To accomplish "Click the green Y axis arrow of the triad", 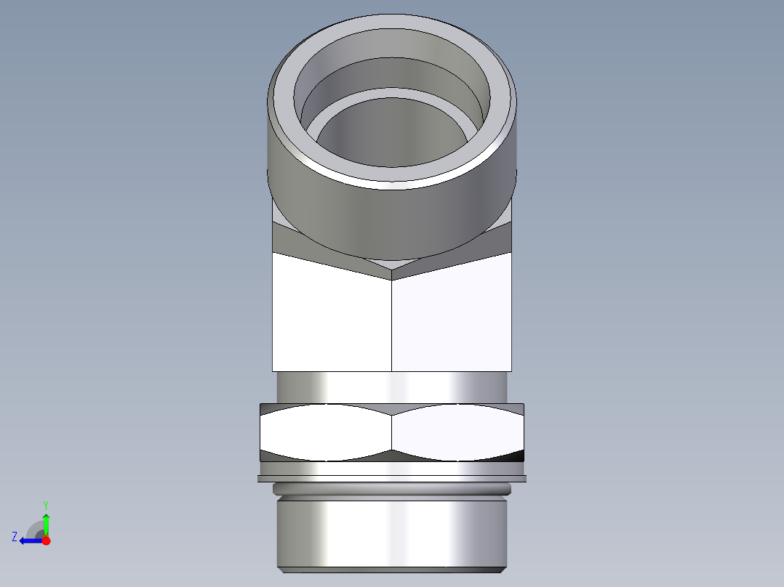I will click(x=46, y=522).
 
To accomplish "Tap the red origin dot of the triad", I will click(x=46, y=541).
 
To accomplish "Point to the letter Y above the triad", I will click(x=45, y=504).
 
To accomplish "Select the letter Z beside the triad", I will click(x=15, y=537).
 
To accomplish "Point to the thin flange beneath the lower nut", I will click(x=393, y=478).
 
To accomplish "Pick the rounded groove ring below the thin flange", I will click(x=393, y=490).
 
